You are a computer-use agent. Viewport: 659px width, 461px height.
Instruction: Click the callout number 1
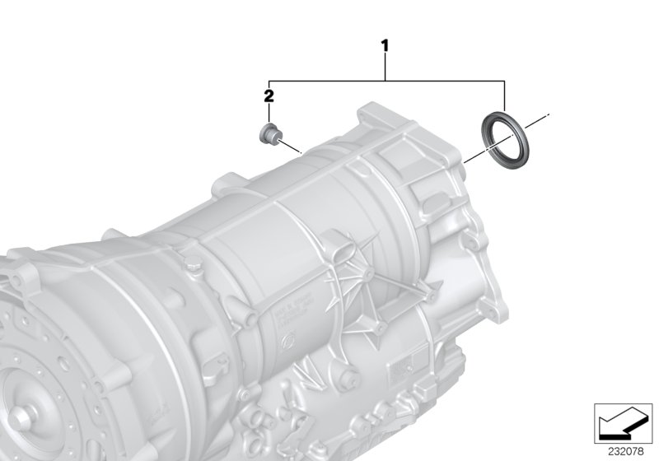[384, 45]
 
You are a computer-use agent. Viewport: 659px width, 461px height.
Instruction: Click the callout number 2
[269, 96]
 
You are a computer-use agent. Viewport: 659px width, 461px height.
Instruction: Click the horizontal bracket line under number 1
[387, 80]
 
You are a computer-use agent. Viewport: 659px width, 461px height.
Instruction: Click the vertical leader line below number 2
[269, 113]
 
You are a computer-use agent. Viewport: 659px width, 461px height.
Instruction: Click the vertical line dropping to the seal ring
[505, 95]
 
